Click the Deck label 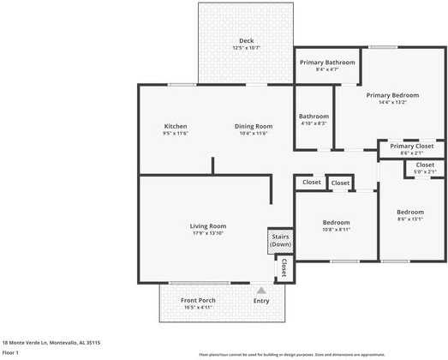247,41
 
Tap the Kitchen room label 176,126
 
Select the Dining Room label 254,126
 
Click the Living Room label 208,226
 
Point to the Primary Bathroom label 327,63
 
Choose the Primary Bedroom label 392,94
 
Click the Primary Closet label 411,147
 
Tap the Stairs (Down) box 280,241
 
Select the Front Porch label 198,300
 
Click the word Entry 261,301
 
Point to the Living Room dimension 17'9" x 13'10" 208,233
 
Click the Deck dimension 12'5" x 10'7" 247,48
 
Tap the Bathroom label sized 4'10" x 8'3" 314,117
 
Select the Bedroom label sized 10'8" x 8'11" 336,222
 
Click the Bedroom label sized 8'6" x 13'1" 410,212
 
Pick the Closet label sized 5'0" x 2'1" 425,165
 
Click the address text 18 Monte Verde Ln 51,342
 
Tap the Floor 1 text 10,352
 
